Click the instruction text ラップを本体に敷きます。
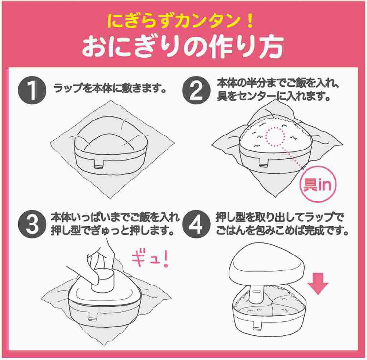tap(109, 89)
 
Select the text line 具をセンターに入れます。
tap(274, 98)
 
